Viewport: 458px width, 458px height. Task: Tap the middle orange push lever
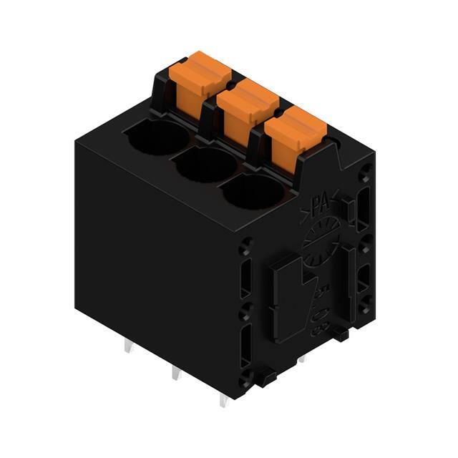(x=247, y=107)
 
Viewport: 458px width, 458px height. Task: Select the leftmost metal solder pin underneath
(x=127, y=347)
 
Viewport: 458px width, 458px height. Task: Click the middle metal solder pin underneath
(x=174, y=373)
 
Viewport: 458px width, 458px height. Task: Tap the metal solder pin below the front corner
(x=223, y=399)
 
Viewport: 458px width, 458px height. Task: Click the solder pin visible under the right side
(x=301, y=356)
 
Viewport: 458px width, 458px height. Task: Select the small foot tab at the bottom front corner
(x=265, y=376)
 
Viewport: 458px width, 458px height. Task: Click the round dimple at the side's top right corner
(x=366, y=171)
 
